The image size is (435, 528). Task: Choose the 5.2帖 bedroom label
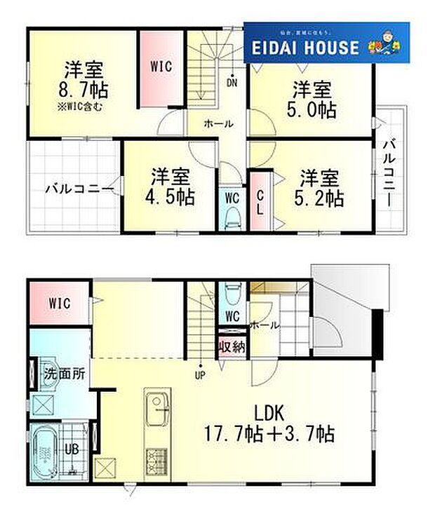click(321, 198)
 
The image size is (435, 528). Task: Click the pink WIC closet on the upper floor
click(161, 67)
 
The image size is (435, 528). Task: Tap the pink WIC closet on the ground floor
click(59, 303)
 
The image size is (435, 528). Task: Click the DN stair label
click(232, 83)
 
